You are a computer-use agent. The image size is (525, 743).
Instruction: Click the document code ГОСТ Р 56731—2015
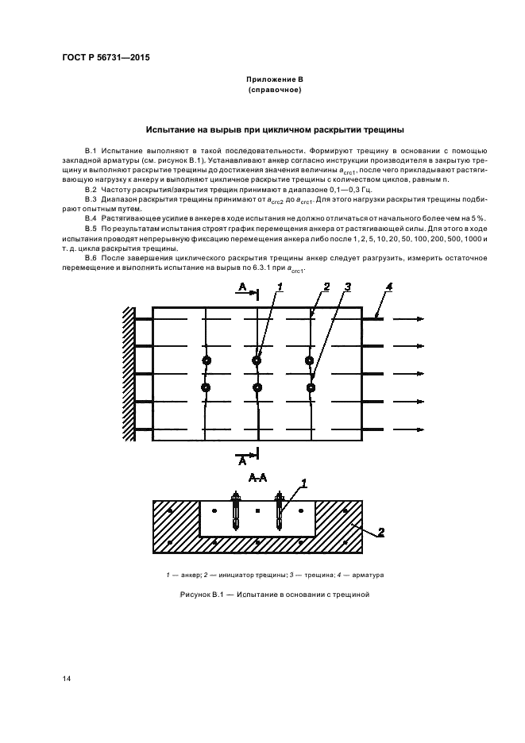pos(106,58)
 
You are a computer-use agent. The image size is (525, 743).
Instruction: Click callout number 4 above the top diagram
pos(389,287)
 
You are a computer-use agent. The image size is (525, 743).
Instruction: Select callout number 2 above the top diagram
pos(325,287)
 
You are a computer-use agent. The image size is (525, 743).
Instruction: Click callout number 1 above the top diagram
pos(280,287)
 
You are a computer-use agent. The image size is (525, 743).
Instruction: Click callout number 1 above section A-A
pos(303,482)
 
